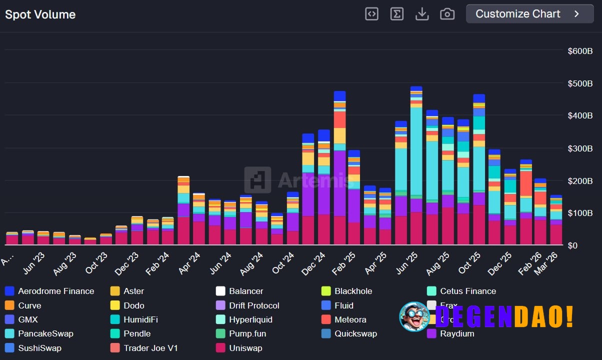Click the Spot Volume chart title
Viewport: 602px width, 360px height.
tap(40, 14)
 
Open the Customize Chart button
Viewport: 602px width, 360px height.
tap(529, 14)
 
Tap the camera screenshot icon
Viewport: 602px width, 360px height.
tap(447, 14)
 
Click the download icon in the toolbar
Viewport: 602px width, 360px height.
tap(422, 14)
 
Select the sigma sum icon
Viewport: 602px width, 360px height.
tap(397, 14)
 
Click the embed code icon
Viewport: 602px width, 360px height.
tap(371, 14)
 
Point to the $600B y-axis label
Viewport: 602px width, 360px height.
tap(580, 51)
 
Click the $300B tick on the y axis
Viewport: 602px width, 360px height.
tap(580, 148)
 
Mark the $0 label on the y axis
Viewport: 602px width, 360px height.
tap(573, 245)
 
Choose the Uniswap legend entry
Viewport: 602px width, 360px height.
tap(245, 348)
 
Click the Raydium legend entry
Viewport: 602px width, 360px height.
tap(457, 333)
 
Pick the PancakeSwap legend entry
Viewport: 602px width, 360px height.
tap(45, 333)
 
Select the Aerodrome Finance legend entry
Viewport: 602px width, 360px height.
tap(55, 291)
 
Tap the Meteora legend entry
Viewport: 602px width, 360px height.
tap(350, 319)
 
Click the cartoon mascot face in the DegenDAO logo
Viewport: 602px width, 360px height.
tap(414, 316)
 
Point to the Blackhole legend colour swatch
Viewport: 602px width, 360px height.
tap(326, 291)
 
